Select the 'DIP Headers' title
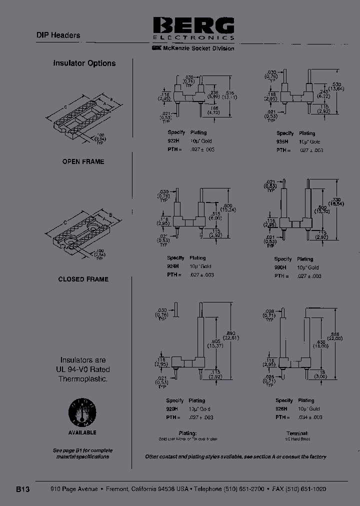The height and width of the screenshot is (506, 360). click(x=58, y=35)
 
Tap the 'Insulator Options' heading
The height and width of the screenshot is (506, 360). click(x=84, y=63)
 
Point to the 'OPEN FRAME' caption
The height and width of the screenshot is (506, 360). click(x=83, y=161)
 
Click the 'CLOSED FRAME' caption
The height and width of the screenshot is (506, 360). click(x=83, y=279)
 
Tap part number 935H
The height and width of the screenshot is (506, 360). click(x=282, y=142)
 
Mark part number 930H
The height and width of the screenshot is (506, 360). click(x=281, y=267)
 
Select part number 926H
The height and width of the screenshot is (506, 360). click(x=281, y=409)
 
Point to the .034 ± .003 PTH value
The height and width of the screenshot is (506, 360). click(x=310, y=417)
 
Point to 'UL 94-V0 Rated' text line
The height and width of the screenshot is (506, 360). click(x=83, y=369)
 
